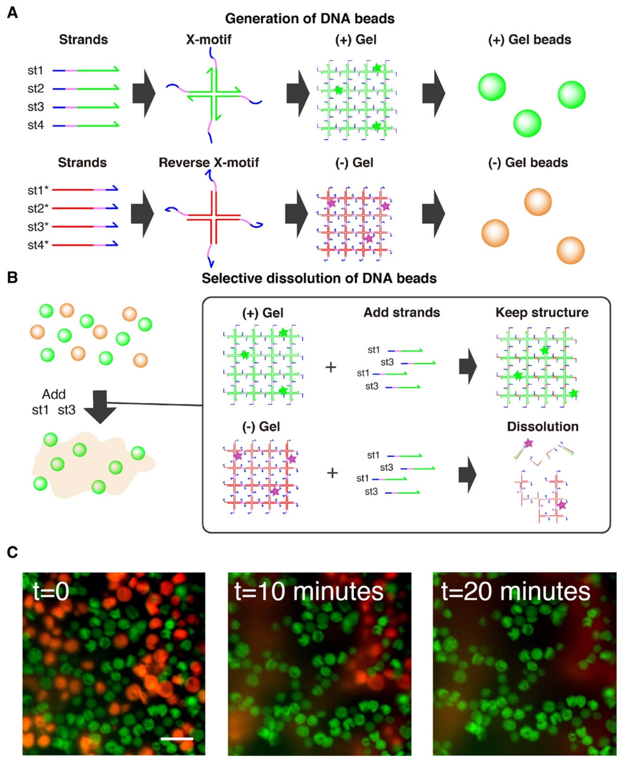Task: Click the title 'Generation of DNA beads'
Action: tap(310, 19)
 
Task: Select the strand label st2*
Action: tap(38, 208)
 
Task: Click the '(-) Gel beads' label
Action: tap(528, 163)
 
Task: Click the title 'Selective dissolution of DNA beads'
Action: tap(319, 278)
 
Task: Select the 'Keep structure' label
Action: tap(542, 312)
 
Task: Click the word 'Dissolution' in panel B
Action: tap(543, 427)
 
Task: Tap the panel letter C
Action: tap(12, 552)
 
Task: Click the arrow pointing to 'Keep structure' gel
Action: tap(468, 367)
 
